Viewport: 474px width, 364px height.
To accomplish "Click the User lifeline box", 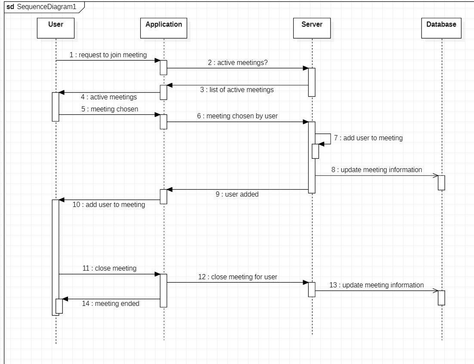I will pyautogui.click(x=56, y=28).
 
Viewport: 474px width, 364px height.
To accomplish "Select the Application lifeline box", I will pyautogui.click(x=164, y=28).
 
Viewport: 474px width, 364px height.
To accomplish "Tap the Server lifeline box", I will pyautogui.click(x=312, y=28).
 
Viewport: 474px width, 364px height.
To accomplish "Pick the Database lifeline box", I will pyautogui.click(x=441, y=28).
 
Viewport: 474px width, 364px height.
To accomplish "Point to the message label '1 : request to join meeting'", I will pyautogui.click(x=108, y=55).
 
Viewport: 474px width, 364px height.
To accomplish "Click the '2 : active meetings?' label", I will pyautogui.click(x=238, y=62).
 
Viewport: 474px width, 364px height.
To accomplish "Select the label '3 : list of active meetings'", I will pyautogui.click(x=237, y=90).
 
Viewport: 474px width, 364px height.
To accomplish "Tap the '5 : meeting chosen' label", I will pyautogui.click(x=110, y=109).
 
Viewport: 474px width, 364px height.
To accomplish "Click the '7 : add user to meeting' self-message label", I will pyautogui.click(x=368, y=138).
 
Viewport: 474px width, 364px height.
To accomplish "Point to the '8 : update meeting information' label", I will pyautogui.click(x=377, y=170).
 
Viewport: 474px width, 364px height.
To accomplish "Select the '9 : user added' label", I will pyautogui.click(x=237, y=194).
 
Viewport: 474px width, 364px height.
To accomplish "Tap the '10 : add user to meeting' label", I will pyautogui.click(x=108, y=205).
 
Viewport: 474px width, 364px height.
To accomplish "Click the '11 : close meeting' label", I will pyautogui.click(x=109, y=268).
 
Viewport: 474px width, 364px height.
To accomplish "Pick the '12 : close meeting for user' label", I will pyautogui.click(x=238, y=277).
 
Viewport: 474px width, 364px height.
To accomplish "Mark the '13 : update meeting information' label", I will pyautogui.click(x=377, y=285).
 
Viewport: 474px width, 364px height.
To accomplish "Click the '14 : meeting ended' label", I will pyautogui.click(x=111, y=303).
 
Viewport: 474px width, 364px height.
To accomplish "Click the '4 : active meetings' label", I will pyautogui.click(x=108, y=97).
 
